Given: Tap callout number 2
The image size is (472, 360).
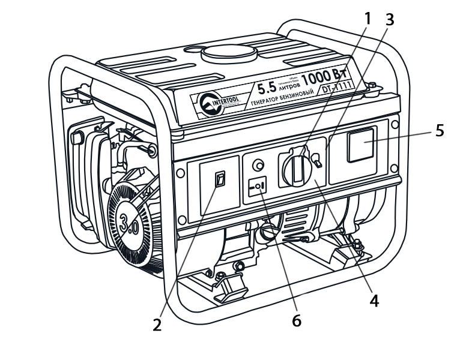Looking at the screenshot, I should tap(157, 325).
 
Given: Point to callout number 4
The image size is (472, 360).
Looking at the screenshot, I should tap(374, 300).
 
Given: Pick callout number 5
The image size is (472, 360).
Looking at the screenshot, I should tap(440, 130).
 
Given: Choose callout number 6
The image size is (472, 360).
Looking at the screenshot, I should tap(296, 320).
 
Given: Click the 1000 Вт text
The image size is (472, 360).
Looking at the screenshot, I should tap(324, 77).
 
